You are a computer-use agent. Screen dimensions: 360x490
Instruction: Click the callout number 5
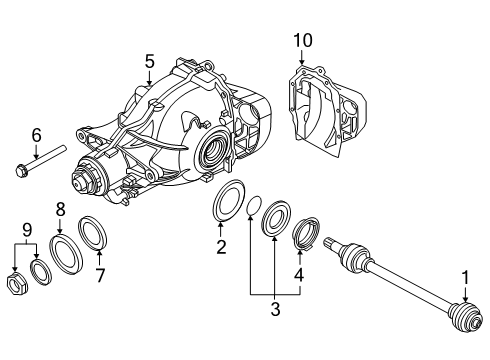point(149,62)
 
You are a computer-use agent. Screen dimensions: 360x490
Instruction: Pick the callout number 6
point(35,135)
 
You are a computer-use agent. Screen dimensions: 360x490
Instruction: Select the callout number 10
point(303,39)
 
